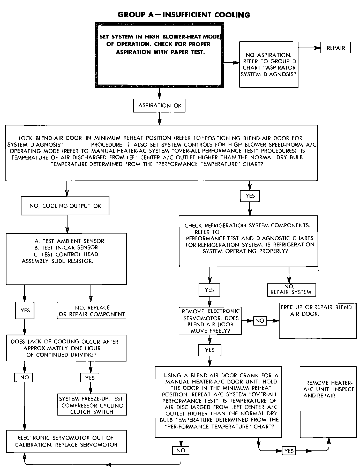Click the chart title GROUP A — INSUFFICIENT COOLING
coord(184,15)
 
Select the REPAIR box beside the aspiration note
coord(335,48)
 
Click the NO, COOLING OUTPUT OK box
coord(65,206)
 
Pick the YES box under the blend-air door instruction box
coord(250,196)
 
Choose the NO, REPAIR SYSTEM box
coord(291,290)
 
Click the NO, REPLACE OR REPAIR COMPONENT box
coord(92,311)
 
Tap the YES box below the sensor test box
coord(25,310)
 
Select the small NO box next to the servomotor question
coord(260,321)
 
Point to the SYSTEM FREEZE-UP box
coord(92,405)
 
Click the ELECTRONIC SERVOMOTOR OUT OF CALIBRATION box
coord(66,441)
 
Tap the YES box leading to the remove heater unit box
coord(289,451)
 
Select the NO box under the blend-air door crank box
coord(181,450)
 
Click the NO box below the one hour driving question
coord(24,378)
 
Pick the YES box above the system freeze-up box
coord(90,378)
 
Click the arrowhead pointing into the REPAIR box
coord(317,48)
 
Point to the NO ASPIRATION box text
coord(269,65)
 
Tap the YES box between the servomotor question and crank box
coord(210,350)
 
